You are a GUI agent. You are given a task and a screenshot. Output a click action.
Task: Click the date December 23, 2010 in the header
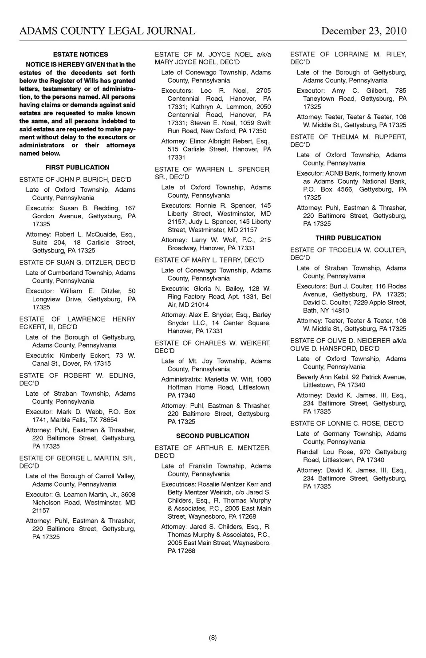tap(363, 31)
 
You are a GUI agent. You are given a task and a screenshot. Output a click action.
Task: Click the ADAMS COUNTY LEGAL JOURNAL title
tap(107, 31)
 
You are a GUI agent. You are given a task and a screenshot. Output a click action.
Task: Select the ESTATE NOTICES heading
tap(80, 55)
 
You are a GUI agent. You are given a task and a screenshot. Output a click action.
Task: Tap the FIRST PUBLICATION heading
tap(77, 167)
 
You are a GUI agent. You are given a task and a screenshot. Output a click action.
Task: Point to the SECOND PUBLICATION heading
tap(213, 436)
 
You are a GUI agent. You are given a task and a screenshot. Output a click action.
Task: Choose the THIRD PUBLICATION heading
tap(348, 238)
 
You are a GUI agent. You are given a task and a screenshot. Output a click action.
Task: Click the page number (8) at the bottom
tap(213, 638)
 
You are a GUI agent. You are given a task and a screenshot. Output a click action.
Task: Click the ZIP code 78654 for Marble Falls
tap(108, 420)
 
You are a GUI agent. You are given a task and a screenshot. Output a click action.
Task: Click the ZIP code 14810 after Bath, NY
tap(339, 311)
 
